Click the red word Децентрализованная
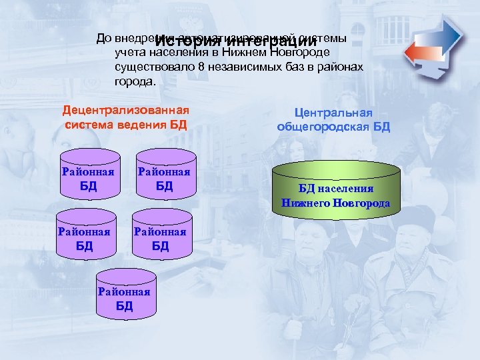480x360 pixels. pyautogui.click(x=126, y=110)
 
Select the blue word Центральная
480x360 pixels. pyautogui.click(x=333, y=113)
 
